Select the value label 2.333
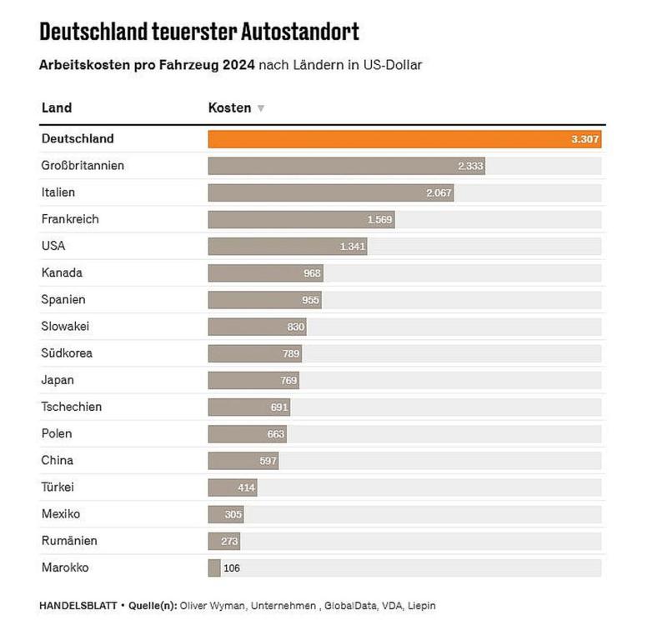(x=470, y=166)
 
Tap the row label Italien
(x=58, y=192)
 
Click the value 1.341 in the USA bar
(x=353, y=247)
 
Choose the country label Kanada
(x=62, y=272)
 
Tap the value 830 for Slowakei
(x=296, y=327)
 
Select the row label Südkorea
(x=67, y=353)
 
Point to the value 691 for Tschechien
(x=279, y=407)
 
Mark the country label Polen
(x=57, y=433)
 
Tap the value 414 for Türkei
(x=246, y=487)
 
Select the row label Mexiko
(x=61, y=514)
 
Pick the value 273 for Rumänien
(x=230, y=542)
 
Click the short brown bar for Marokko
(x=214, y=568)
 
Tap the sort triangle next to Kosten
(x=261, y=108)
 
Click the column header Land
(x=57, y=107)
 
